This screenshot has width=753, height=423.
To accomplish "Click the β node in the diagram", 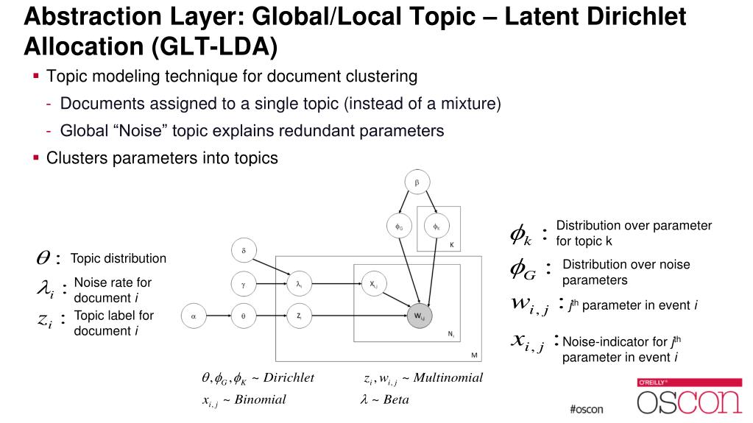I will (417, 181).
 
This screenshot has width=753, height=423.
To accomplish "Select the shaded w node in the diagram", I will (417, 316).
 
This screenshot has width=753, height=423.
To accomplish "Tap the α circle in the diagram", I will (193, 315).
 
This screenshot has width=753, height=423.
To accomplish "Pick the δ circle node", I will (244, 251).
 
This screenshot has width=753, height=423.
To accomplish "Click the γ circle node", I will (244, 283).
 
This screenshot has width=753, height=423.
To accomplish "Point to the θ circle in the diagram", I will (244, 315).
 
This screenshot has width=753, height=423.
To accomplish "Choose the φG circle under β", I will (398, 227).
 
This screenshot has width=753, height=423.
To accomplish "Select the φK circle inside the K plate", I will (436, 227).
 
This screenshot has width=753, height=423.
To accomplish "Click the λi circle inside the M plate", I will (299, 283).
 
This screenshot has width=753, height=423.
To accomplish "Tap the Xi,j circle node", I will (373, 283).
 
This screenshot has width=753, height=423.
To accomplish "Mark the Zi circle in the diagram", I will (299, 315).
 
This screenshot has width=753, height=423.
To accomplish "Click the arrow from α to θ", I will (218, 315).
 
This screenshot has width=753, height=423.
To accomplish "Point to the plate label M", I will (475, 355).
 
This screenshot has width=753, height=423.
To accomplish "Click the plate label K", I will (451, 244).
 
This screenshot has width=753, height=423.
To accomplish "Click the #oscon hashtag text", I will (586, 409).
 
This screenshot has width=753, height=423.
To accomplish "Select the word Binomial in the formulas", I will (260, 399).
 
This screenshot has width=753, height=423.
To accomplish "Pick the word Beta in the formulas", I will (395, 399).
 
